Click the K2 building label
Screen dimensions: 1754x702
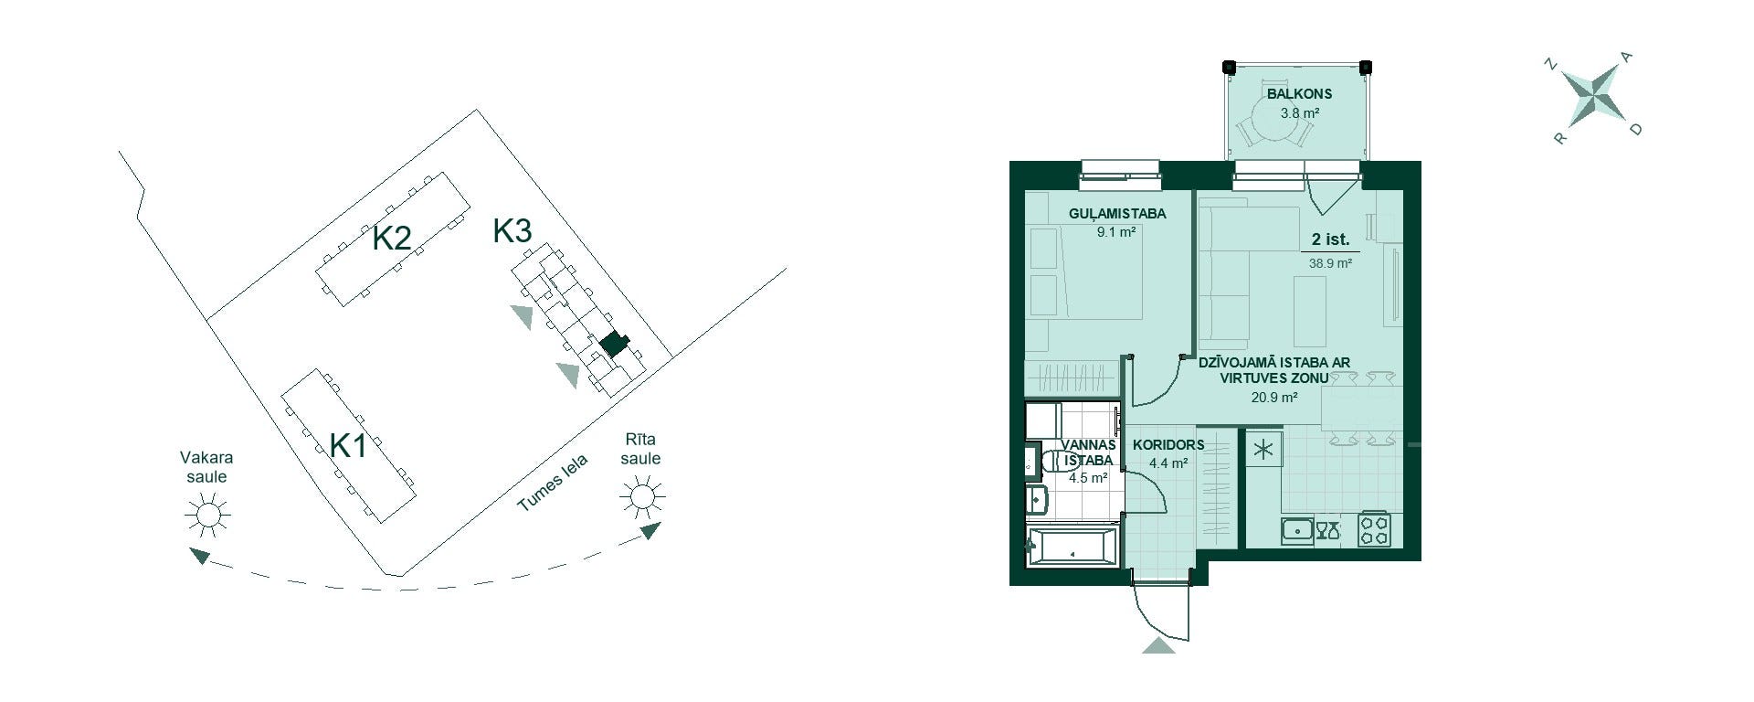391,239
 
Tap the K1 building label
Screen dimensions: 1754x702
348,446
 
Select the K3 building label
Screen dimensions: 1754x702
512,230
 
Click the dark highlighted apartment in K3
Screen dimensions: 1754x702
614,345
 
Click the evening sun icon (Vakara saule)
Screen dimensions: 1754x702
207,515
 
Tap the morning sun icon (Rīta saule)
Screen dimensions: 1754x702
641,496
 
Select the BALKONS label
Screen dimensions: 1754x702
1299,93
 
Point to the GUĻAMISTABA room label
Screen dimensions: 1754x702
1117,214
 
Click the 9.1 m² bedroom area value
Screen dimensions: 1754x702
1116,232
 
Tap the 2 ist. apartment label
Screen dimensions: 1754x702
1330,239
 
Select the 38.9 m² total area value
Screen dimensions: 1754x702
1330,262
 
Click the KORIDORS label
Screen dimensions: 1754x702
1168,445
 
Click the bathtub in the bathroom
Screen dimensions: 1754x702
1072,548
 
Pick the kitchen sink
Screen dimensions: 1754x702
1297,530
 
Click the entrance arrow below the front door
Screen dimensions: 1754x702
1158,645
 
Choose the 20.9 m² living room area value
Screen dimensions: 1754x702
1274,398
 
